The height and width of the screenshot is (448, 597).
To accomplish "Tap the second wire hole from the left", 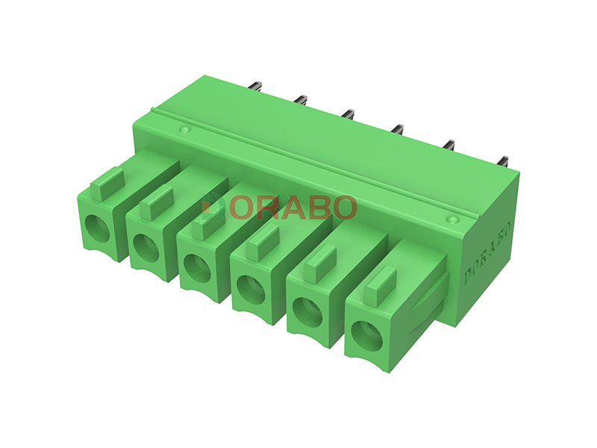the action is [146, 247].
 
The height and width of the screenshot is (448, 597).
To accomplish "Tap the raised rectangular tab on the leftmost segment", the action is [107, 184].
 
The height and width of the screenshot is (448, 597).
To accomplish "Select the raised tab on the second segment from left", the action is [157, 202].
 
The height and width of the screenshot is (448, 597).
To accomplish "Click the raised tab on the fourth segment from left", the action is [263, 241].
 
